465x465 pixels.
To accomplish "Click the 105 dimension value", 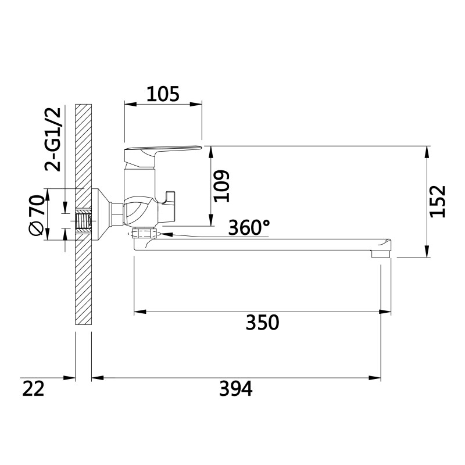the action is coord(163,94).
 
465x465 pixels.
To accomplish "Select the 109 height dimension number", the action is coord(222,186).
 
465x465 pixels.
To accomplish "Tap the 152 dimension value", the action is coord(438,201).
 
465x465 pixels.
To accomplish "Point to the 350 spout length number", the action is coord(263,323).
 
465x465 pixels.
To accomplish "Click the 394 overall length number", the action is coord(236,388).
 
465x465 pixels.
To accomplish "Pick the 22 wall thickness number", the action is coord(33,388).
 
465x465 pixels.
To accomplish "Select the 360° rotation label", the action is coord(249,228).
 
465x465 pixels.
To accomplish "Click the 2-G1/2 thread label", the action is coord(53,139).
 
